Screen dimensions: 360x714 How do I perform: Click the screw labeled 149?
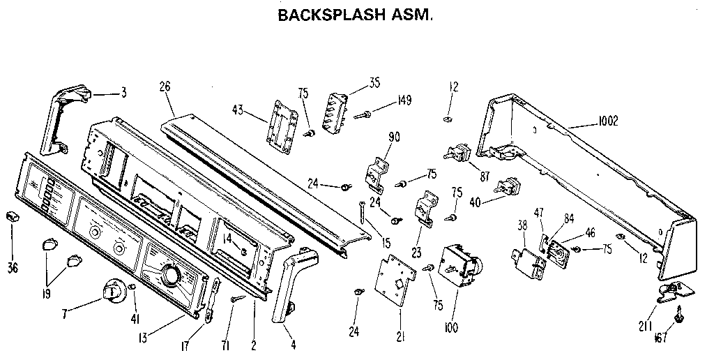point(366,112)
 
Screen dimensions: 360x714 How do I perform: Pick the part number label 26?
point(165,89)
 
